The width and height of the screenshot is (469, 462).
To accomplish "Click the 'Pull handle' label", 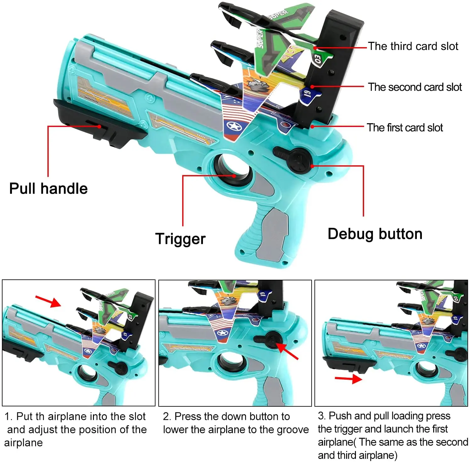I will point(48,189).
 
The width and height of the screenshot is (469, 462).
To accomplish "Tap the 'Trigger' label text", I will point(180,239).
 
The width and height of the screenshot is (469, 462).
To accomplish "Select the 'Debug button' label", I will point(375,234).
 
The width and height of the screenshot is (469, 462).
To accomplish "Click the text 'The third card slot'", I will point(413,47).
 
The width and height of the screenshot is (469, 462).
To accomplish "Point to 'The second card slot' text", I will point(415,87).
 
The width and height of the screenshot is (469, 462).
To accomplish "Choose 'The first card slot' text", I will point(405,128).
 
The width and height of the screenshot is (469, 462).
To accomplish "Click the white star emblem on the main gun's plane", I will point(234,127).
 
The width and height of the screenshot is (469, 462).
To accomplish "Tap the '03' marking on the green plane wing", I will point(318,59).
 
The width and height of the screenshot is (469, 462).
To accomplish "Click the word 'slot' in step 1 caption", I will point(137,416).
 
